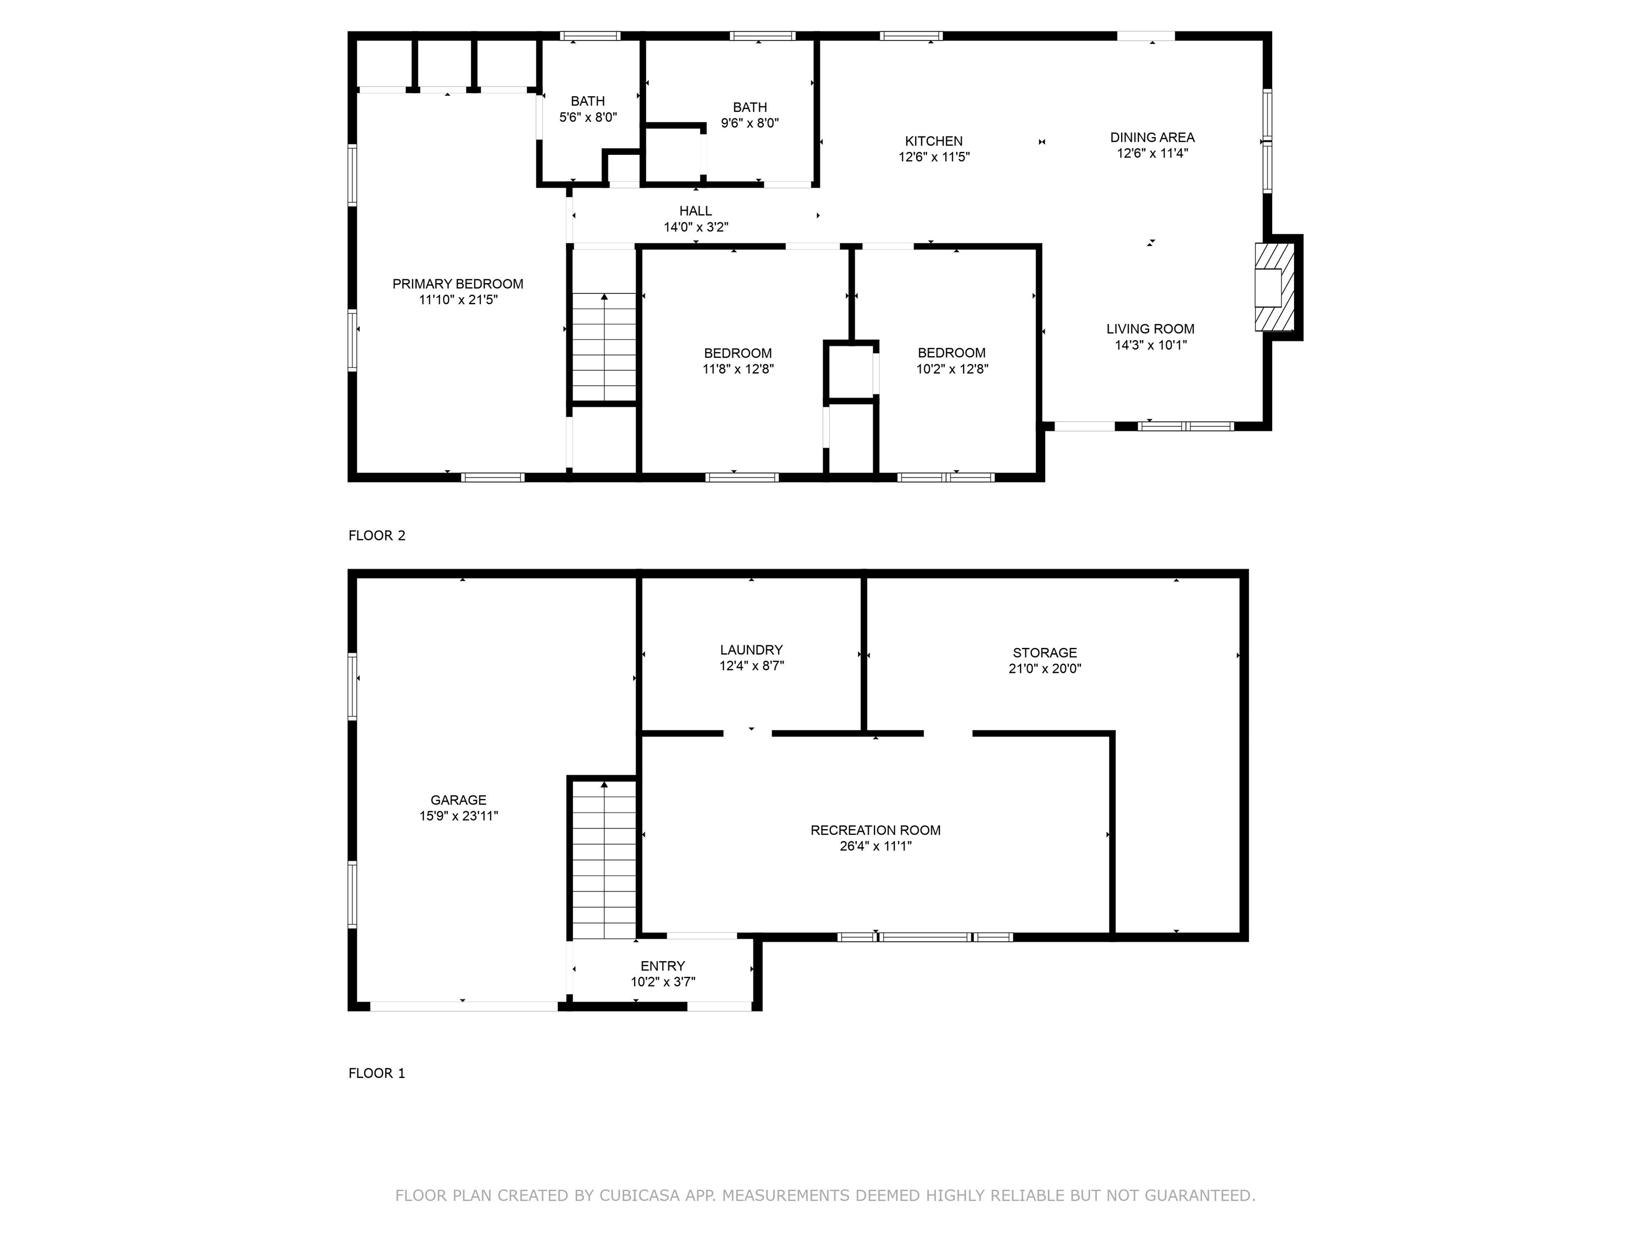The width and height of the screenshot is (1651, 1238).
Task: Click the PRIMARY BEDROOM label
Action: pos(457,284)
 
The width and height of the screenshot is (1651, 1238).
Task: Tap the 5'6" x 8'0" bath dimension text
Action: pos(588,117)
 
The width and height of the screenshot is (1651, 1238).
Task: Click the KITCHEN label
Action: pos(934,141)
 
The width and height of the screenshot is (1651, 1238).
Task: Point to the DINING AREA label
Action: pos(1152,138)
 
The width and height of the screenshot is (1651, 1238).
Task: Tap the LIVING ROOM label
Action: pos(1150,329)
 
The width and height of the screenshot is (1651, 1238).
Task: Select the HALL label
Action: pos(695,211)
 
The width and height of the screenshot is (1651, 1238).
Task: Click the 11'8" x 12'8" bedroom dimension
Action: pos(738,369)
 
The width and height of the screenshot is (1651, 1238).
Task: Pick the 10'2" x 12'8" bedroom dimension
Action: pos(952,369)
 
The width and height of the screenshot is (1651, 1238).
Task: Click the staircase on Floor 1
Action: pos(604,860)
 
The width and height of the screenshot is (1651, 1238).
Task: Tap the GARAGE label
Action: pos(458,800)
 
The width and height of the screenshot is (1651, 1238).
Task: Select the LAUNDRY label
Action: pos(752,650)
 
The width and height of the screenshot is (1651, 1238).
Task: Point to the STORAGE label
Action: pos(1045,653)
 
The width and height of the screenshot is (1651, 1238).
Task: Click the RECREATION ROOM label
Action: pos(875,831)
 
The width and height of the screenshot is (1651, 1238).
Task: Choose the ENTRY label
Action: pos(663,966)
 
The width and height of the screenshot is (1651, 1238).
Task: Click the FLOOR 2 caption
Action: pos(377,536)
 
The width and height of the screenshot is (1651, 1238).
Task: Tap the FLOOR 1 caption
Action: pos(377,1074)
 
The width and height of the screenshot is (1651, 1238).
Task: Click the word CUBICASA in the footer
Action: pos(640,1196)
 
